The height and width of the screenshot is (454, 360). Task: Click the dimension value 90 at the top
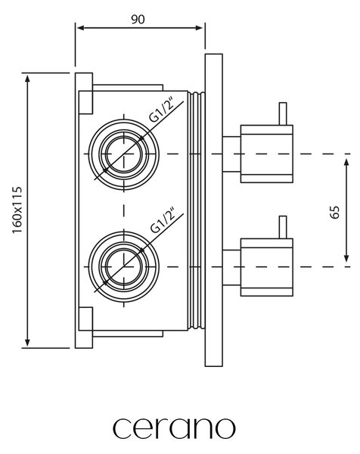[x=138, y=20]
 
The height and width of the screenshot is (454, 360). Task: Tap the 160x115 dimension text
[x=17, y=210]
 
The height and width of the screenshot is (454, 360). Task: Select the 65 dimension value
[x=334, y=212]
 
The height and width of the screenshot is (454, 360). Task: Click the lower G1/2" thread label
[x=163, y=220]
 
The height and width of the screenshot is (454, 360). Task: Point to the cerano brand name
[x=174, y=428]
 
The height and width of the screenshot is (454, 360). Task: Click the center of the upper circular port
[x=124, y=154]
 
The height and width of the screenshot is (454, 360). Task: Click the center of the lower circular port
[x=124, y=266]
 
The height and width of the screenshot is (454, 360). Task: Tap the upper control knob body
[x=267, y=154]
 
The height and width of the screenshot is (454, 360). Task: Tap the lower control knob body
[x=267, y=267]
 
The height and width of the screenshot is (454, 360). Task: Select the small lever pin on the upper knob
[x=283, y=113]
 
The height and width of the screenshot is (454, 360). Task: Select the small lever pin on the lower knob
[x=283, y=227]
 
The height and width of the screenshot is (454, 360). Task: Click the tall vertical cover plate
[x=213, y=210]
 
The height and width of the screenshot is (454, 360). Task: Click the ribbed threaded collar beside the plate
[x=196, y=211]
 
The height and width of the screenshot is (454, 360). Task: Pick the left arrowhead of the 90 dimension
[x=81, y=28]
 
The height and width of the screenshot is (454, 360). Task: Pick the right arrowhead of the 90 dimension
[x=199, y=28]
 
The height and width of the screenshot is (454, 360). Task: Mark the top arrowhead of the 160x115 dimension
[x=27, y=79]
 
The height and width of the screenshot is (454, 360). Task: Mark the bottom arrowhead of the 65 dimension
[x=346, y=258]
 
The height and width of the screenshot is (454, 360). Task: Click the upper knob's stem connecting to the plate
[x=231, y=154]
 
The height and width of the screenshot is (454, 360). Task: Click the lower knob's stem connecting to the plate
[x=231, y=267]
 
